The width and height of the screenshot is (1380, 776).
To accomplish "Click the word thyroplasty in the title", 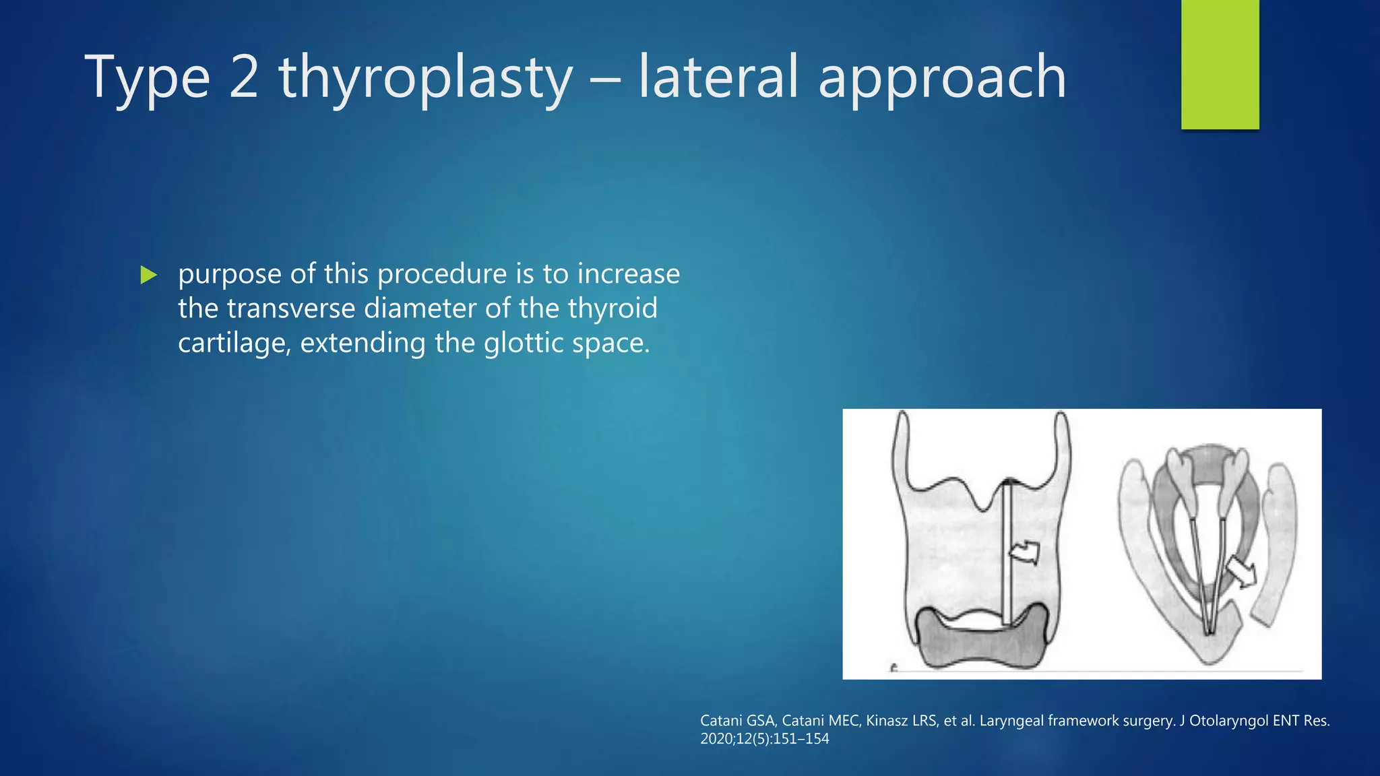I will pos(425,78).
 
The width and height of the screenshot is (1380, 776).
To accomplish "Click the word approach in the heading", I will pos(942,78).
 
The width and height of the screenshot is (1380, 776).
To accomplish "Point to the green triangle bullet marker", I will pos(148,275).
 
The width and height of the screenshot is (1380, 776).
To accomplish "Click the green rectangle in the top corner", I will pos(1220,64).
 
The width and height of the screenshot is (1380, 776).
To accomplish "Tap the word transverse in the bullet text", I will pos(290,309).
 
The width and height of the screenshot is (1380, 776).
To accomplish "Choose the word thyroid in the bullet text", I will pos(612,309).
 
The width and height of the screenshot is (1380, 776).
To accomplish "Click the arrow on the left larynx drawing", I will pos(1024,552).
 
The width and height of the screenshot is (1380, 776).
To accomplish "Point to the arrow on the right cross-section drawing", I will pos(1241,573).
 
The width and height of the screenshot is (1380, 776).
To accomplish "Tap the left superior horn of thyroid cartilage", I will pos(902,445).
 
